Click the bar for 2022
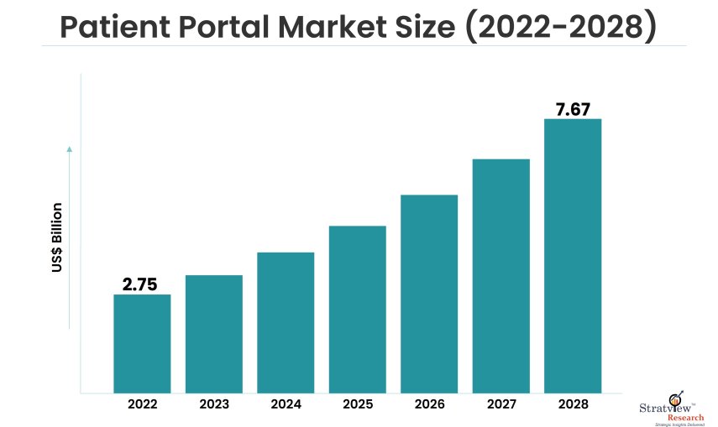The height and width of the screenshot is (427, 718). point(142,343)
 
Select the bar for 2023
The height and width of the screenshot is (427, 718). point(214,334)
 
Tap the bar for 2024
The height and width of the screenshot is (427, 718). point(286,322)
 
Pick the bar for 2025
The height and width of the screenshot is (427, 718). point(358,309)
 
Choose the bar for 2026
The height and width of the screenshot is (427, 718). point(429,294)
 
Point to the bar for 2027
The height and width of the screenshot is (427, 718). point(501,275)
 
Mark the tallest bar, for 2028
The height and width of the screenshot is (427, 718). point(573,255)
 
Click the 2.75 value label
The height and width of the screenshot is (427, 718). point(140,284)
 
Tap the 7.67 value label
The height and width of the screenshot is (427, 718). point(573,109)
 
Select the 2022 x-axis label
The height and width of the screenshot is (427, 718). point(142,404)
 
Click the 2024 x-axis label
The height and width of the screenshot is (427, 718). point(286,404)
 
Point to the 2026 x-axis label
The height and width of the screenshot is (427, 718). point(429,404)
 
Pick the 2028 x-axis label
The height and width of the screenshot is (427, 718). point(573,404)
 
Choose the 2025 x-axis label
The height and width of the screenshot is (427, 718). point(358,404)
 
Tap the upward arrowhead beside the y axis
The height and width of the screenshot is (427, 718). point(69,149)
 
